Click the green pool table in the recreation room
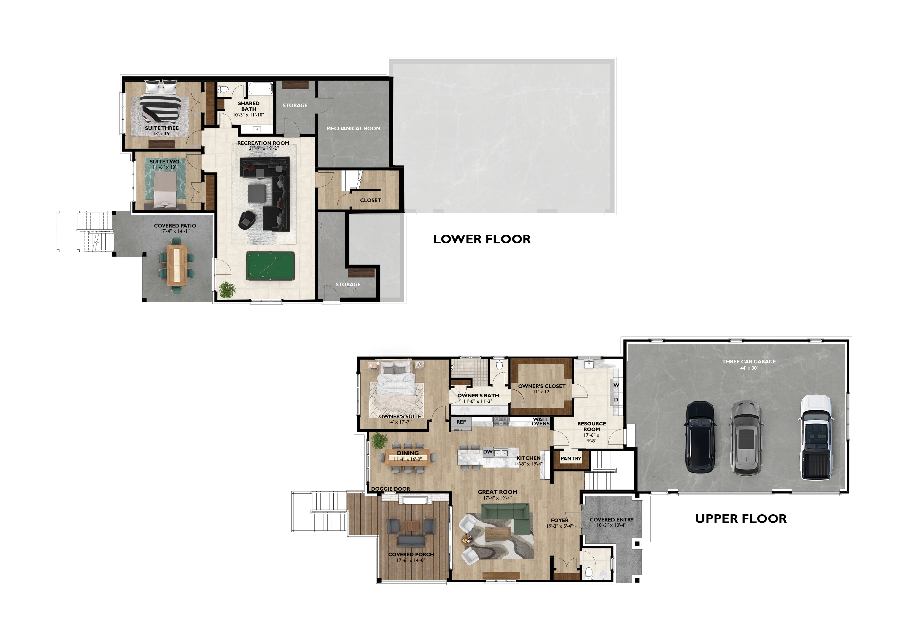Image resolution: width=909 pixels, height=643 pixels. [x=270, y=266]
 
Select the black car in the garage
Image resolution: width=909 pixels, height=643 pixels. [x=700, y=437]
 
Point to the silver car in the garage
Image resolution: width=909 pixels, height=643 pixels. [x=746, y=438]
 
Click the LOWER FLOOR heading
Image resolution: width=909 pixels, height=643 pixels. [x=482, y=239]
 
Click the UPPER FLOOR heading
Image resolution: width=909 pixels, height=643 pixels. [x=741, y=519]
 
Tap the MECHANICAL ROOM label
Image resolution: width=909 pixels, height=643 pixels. [x=353, y=128]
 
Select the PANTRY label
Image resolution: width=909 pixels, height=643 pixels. [x=571, y=459]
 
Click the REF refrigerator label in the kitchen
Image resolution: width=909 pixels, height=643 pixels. [x=461, y=422]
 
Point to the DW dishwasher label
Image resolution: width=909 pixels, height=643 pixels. [x=488, y=452]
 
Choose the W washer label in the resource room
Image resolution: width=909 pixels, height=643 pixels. [x=616, y=385]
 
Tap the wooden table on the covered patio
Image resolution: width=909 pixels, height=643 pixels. [x=177, y=265]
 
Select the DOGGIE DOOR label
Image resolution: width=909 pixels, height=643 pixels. [x=390, y=489]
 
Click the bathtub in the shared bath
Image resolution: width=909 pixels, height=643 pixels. [x=261, y=88]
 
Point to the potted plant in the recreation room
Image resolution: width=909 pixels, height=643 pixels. [x=227, y=289]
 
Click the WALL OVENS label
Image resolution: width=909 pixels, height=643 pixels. [x=541, y=421]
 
